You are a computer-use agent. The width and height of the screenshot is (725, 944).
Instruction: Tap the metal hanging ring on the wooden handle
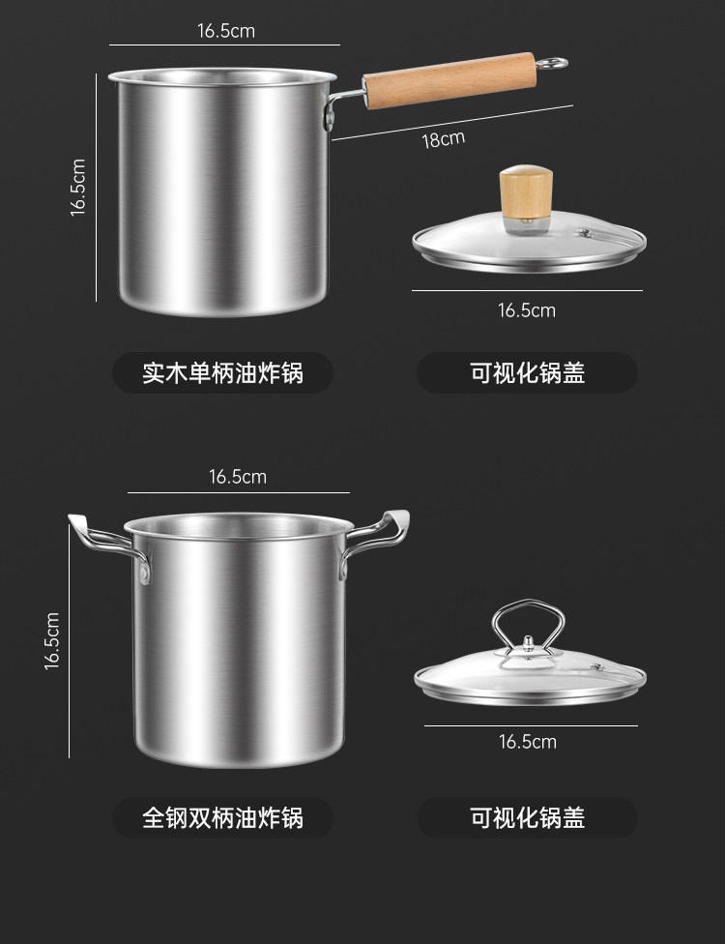[x=552, y=64]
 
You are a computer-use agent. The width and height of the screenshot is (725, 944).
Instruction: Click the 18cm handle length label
[x=443, y=139]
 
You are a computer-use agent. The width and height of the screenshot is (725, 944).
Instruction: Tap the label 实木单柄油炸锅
[x=222, y=373]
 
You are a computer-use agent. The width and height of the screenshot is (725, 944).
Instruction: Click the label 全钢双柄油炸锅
[x=222, y=818]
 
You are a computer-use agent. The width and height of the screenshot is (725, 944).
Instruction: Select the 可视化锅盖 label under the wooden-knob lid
[x=527, y=373]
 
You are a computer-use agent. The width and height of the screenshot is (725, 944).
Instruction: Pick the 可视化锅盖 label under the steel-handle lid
[x=527, y=818]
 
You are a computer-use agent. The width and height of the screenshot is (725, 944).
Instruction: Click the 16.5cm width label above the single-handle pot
[x=226, y=31]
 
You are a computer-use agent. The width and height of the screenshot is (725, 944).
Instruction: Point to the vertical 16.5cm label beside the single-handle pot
[x=78, y=188]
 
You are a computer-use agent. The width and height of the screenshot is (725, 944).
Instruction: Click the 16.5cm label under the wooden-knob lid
[x=527, y=310]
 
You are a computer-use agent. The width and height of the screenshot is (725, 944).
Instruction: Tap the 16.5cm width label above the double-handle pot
[x=238, y=477]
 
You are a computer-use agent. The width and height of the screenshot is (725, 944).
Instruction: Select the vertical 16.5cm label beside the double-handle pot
[x=52, y=640]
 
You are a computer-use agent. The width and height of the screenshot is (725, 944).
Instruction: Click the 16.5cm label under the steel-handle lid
[x=528, y=742]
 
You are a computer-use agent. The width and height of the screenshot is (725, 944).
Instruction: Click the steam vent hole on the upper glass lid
[x=583, y=232]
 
